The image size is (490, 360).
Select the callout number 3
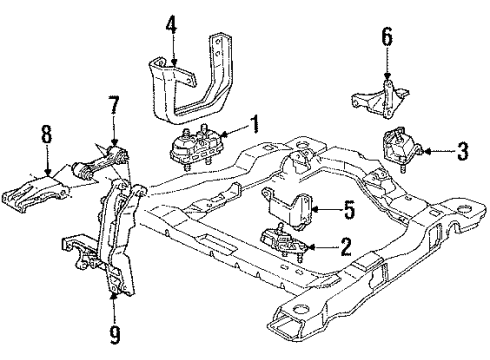coord(462,152)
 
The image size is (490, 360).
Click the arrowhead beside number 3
coord(427,152)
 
